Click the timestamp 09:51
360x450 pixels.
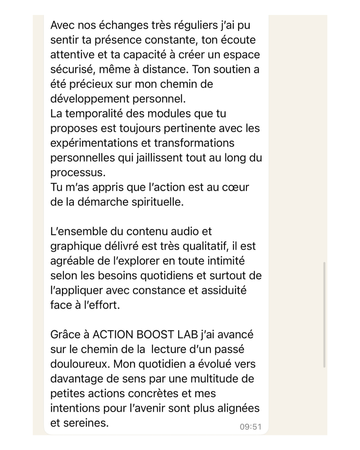point(250,427)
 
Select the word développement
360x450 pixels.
point(90,99)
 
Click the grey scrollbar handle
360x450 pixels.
point(324,315)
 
